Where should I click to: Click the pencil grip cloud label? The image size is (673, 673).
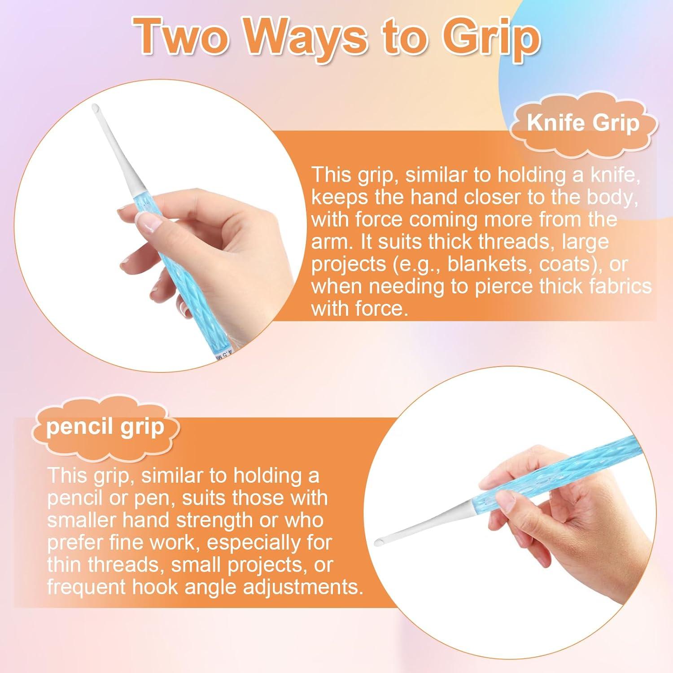point(105,427)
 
